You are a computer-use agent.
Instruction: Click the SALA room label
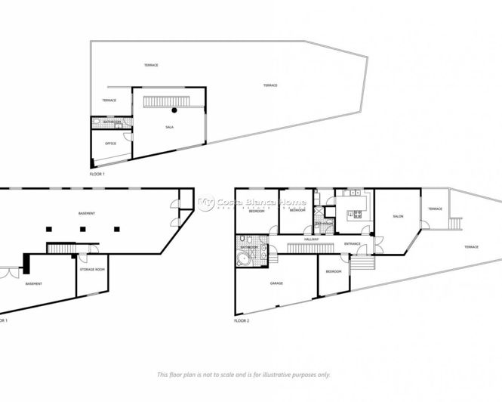[x=169, y=128]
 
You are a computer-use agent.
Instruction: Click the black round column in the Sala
[x=174, y=110]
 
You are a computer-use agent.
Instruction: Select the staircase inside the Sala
[x=165, y=101]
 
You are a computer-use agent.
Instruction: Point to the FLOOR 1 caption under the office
[x=97, y=174]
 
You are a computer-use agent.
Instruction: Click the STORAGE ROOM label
[x=91, y=269]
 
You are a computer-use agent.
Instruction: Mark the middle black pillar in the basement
[x=82, y=228]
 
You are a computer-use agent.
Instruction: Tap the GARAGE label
[x=276, y=284]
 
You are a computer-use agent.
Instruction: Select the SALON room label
[x=398, y=217]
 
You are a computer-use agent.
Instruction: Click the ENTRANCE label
[x=353, y=244]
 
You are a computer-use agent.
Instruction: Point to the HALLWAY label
[x=312, y=240]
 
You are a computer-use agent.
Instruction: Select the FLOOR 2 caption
[x=242, y=320]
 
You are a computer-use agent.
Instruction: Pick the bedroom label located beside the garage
[x=333, y=271]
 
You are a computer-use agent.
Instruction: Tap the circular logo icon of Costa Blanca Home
[x=206, y=203]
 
